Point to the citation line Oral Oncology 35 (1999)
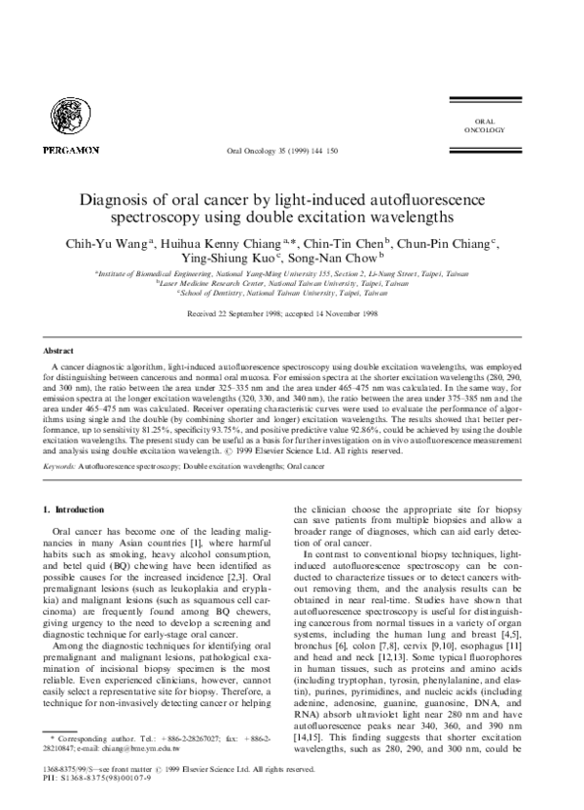282,152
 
